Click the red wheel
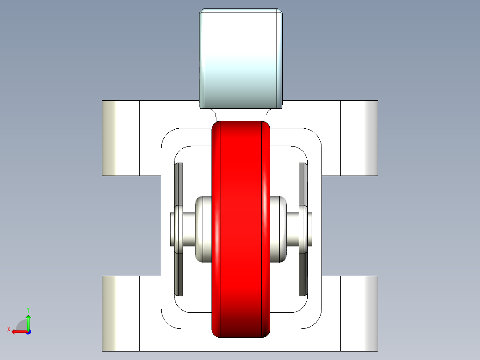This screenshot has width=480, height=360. tap(241, 229)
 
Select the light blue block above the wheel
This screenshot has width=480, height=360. tap(241, 58)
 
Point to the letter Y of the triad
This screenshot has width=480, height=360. tap(28, 310)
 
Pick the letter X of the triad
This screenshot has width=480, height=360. tap(9, 330)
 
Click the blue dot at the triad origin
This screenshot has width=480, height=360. tap(29, 332)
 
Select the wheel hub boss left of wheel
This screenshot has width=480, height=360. tap(203, 229)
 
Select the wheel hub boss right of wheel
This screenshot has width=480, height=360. tap(278, 229)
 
